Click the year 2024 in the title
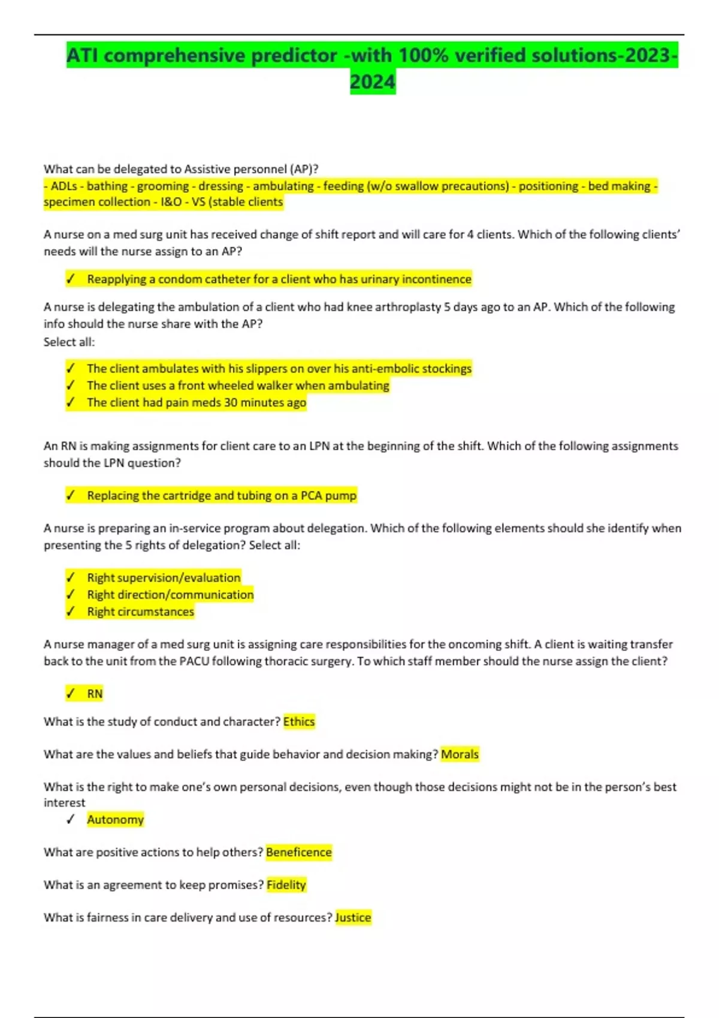[x=372, y=81]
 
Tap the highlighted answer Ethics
[x=299, y=722]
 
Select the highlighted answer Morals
[x=460, y=754]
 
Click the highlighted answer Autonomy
[x=115, y=819]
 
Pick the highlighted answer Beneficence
[x=298, y=852]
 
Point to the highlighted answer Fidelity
[x=286, y=884]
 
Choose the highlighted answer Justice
[x=353, y=917]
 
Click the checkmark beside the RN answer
[x=71, y=693]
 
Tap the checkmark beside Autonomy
[x=71, y=819]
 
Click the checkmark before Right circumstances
[x=71, y=611]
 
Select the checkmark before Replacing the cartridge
[x=71, y=495]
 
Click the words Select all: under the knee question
[x=69, y=342]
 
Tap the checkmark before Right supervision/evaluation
[x=71, y=577]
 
